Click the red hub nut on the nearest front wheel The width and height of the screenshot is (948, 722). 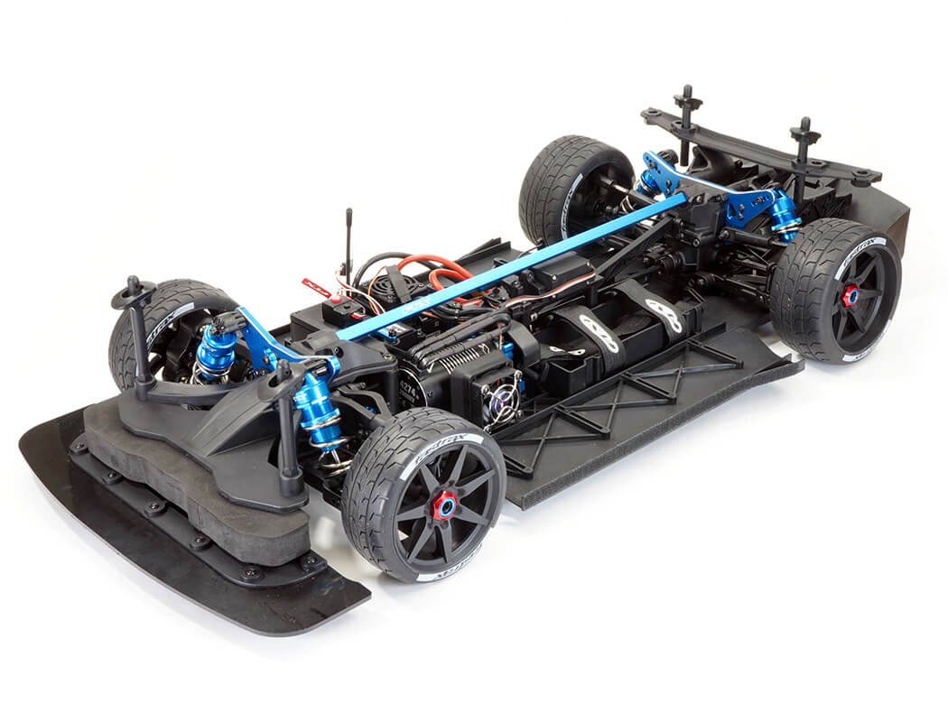(443, 505)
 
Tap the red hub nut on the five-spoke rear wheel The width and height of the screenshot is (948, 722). (850, 295)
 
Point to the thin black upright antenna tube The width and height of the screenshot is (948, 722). (349, 244)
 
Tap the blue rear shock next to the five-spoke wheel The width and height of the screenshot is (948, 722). (783, 214)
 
